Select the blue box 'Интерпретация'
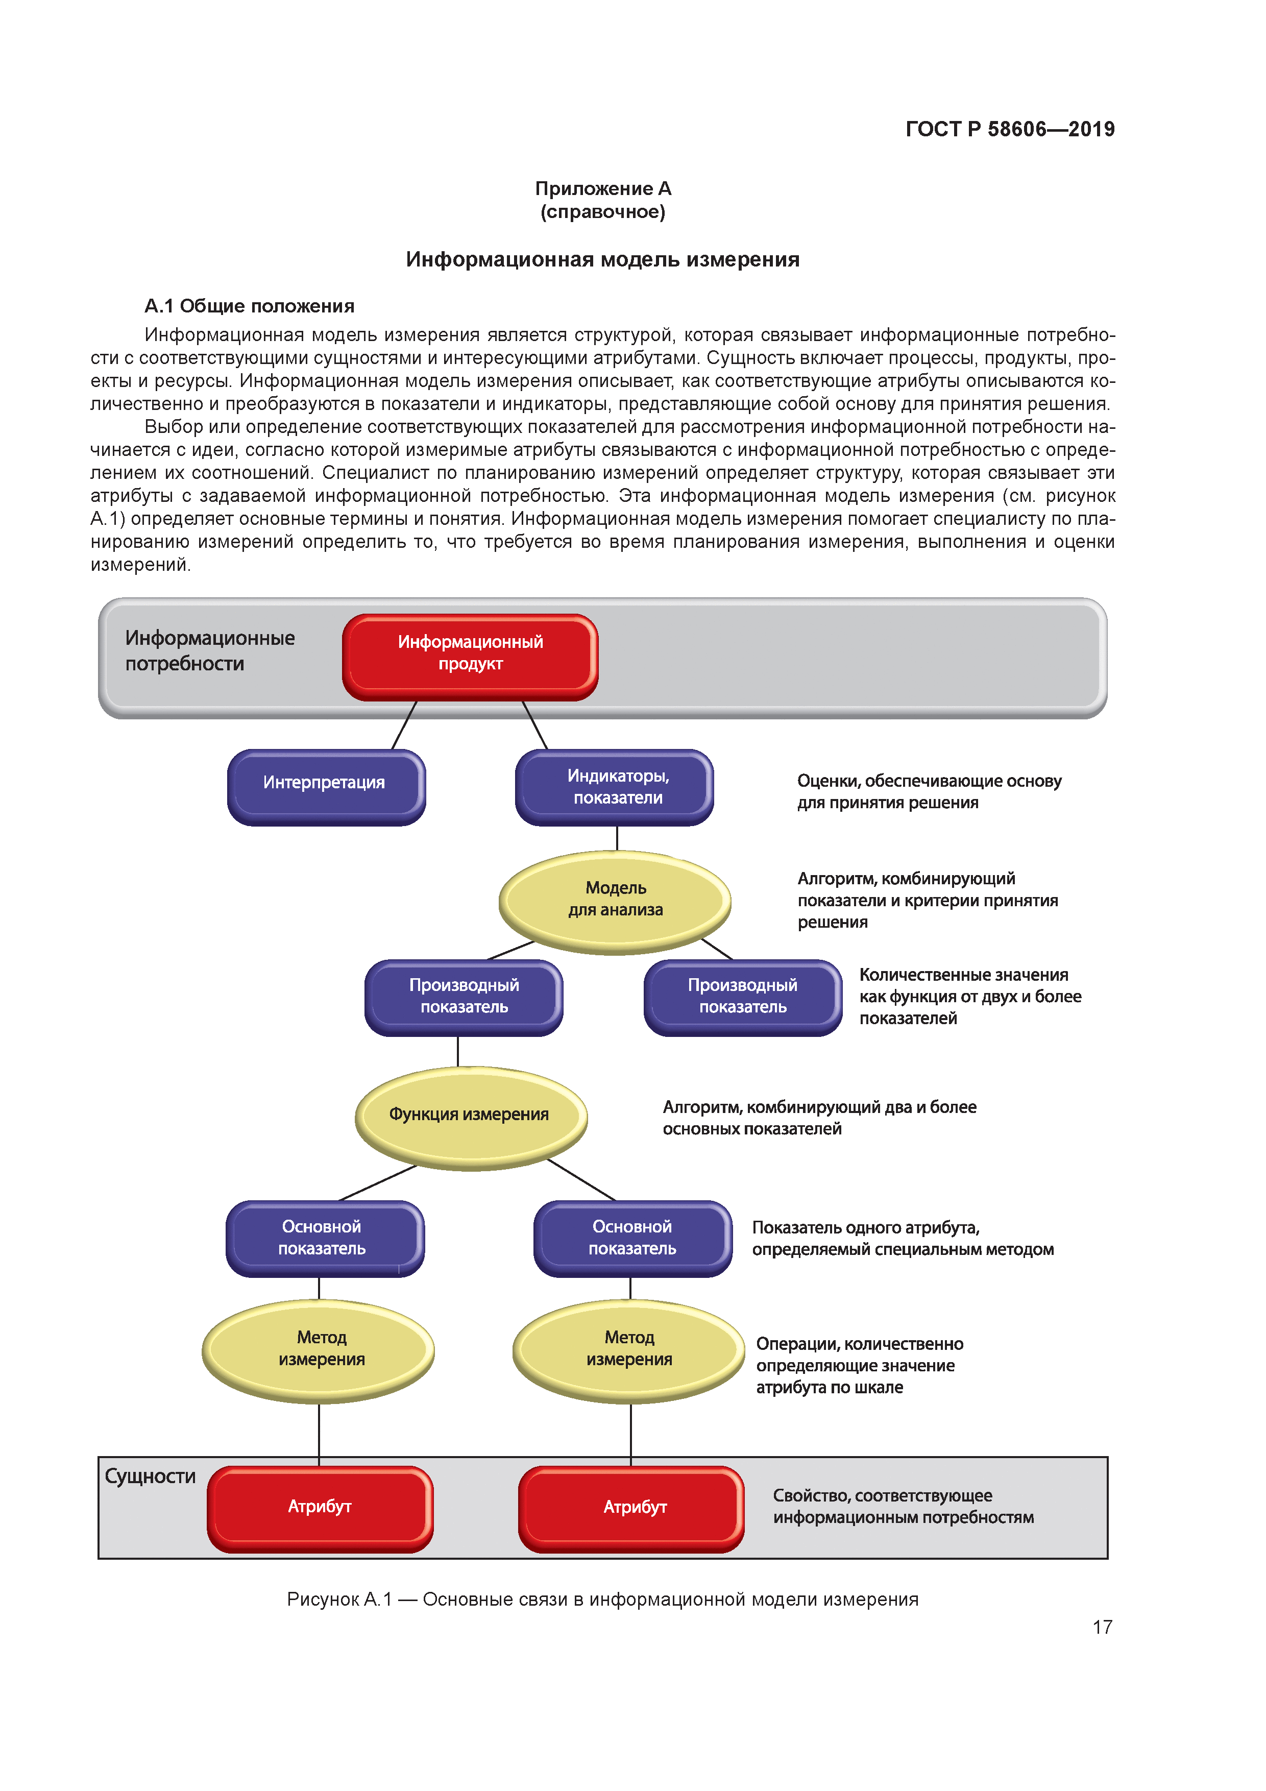click(x=326, y=786)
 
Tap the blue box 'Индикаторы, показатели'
click(x=615, y=786)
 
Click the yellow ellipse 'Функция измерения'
click(x=470, y=1116)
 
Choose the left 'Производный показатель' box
click(x=464, y=997)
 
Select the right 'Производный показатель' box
click(x=743, y=997)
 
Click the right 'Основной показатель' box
click(x=632, y=1238)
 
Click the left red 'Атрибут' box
click(x=320, y=1508)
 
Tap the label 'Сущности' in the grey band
click(x=150, y=1477)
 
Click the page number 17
click(x=1102, y=1627)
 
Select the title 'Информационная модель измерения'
click(x=602, y=260)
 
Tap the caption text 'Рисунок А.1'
click(x=338, y=1600)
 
